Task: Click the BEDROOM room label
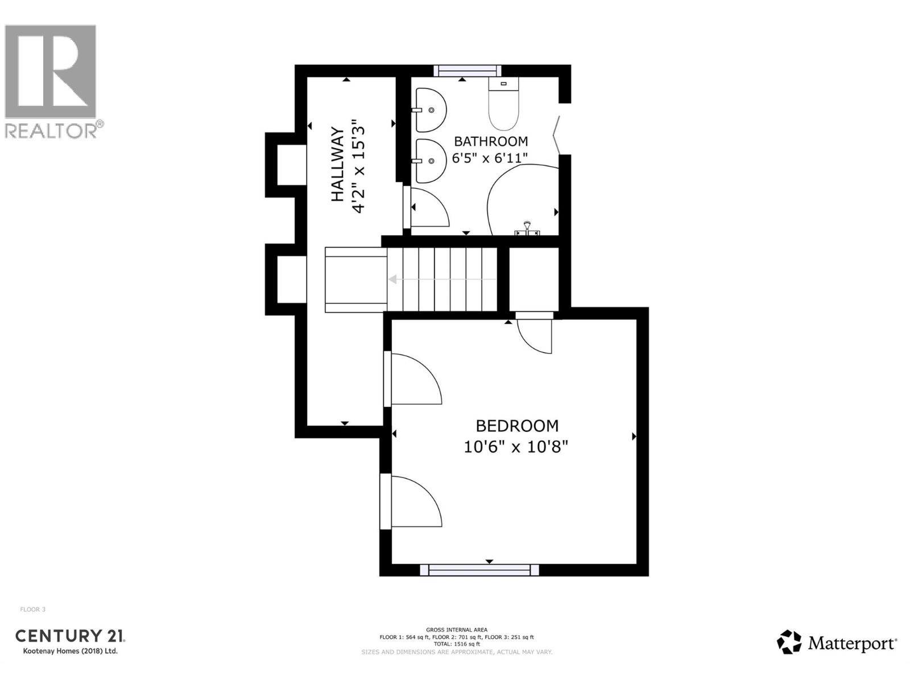[x=516, y=426]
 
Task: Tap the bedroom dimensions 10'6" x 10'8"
[x=516, y=447]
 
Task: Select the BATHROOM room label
[x=490, y=141]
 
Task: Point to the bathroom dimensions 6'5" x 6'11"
[x=490, y=158]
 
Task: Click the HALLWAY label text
[x=338, y=164]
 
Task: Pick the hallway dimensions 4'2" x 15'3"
[x=358, y=166]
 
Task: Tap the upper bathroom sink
[x=430, y=110]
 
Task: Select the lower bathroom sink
[x=430, y=161]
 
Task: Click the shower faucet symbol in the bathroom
[x=527, y=229]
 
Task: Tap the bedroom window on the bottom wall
[x=479, y=570]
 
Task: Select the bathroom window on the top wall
[x=467, y=71]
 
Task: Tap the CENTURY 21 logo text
[x=70, y=636]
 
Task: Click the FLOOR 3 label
[x=33, y=610]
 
